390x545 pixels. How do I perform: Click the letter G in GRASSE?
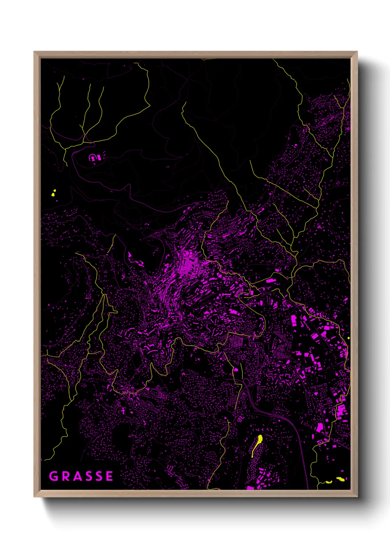tap(53, 476)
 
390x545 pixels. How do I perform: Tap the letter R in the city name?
tap(66, 476)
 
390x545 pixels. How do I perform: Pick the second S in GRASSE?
tap(99, 476)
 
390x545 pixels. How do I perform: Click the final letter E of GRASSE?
tap(109, 476)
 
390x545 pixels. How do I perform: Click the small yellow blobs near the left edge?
tap(53, 193)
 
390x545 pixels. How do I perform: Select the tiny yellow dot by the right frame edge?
tap(348, 338)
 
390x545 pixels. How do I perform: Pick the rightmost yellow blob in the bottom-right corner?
tap(341, 479)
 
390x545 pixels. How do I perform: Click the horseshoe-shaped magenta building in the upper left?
tap(95, 158)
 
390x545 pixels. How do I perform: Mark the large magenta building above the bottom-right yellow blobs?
tap(319, 427)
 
